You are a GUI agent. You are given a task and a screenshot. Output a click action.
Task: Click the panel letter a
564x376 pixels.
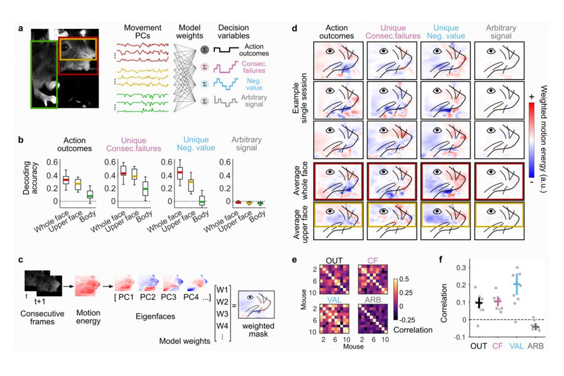pos(21,29)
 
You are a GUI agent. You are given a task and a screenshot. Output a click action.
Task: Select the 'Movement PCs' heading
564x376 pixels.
pos(143,32)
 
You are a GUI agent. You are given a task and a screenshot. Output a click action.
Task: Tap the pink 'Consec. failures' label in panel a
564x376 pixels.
pos(254,67)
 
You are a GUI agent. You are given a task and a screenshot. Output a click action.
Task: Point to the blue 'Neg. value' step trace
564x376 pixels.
pos(226,84)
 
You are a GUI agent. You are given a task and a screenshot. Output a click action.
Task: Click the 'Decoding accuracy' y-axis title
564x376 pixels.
pos(31,178)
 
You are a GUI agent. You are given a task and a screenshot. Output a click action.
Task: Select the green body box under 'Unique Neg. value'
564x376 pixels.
pos(202,201)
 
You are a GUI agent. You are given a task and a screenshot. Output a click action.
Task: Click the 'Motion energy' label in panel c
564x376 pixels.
pos(88,317)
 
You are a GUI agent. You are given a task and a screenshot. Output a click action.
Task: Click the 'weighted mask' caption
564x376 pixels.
pos(258,330)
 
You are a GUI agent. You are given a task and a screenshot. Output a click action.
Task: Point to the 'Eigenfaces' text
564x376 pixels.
pos(156,316)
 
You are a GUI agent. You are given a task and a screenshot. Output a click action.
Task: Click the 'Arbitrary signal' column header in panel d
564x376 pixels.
pos(501,32)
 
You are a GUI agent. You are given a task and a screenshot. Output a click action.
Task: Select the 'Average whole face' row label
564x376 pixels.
pos(301,181)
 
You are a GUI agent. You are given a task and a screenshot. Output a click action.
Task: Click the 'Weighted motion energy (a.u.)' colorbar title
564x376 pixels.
pos(543,139)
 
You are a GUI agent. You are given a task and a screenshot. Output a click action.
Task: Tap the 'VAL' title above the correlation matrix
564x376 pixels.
pos(334,300)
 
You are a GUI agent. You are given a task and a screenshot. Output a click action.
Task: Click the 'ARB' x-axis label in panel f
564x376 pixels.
pos(535,346)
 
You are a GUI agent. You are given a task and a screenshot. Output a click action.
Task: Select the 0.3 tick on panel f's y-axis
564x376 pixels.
pos(461,268)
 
